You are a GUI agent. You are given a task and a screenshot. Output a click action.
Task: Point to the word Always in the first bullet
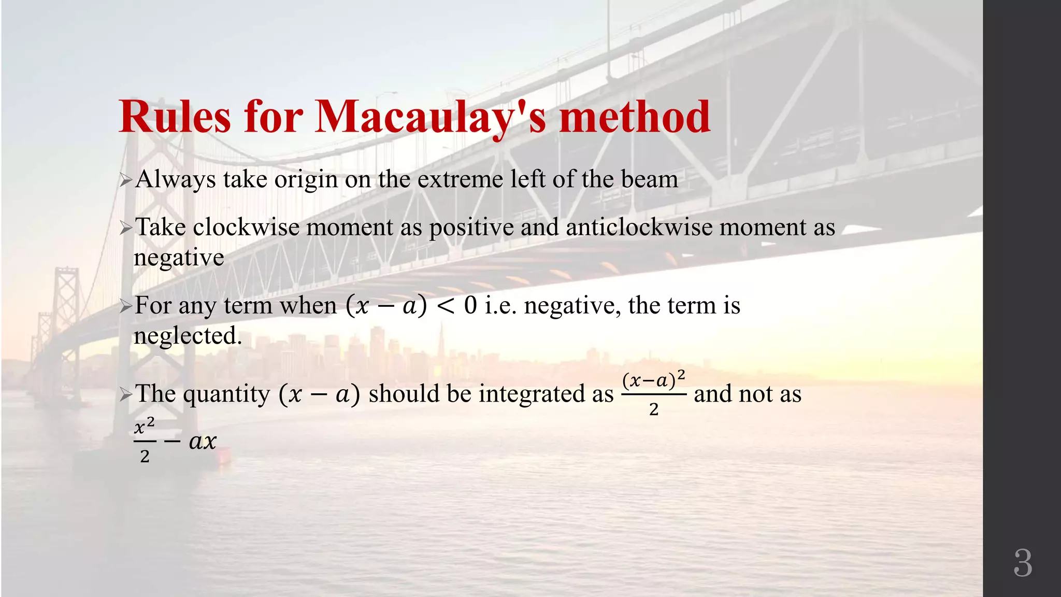coord(175,180)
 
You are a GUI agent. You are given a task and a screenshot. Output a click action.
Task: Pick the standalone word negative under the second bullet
coord(179,258)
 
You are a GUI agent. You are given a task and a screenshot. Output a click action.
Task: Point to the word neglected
coord(188,336)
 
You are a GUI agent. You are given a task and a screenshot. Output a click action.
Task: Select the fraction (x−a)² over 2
coord(654,394)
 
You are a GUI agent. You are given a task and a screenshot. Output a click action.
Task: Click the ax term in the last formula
coord(203,442)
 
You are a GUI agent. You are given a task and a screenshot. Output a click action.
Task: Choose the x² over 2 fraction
coord(145,442)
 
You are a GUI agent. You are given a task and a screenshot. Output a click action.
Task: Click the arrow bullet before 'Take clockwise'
coord(126,228)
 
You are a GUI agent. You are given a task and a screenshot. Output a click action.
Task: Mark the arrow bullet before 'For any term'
coord(126,306)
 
